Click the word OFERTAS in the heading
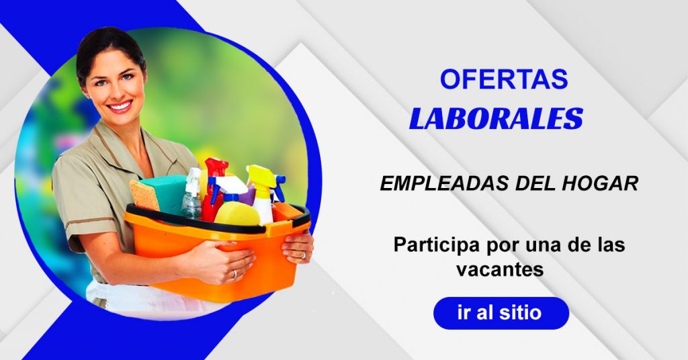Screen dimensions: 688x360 point(504,79)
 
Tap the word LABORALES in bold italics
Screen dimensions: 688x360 point(497,119)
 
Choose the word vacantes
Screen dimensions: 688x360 point(500,269)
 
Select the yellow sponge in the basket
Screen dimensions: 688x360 point(237,214)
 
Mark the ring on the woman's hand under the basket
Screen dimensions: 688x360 point(234,274)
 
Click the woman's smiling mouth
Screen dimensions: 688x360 point(120,106)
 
